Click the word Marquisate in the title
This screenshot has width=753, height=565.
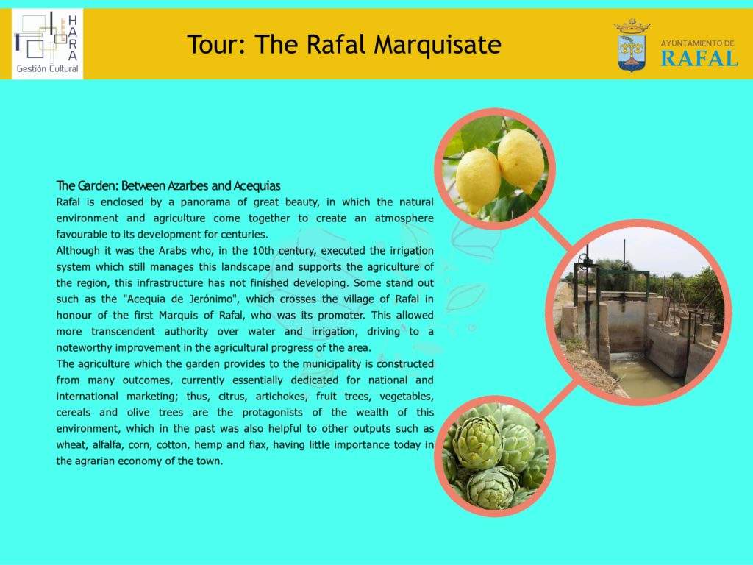(438, 44)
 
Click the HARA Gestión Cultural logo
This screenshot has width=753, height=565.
(47, 43)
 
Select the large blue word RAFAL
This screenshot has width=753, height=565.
(699, 59)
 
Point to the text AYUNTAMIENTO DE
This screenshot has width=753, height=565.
(697, 43)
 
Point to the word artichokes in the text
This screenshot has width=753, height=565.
(281, 397)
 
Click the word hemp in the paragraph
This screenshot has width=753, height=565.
(207, 445)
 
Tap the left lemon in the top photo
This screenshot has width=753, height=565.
(477, 180)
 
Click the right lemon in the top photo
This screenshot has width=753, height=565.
(521, 160)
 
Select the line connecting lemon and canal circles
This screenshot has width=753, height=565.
(554, 232)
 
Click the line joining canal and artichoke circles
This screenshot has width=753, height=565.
(557, 398)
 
